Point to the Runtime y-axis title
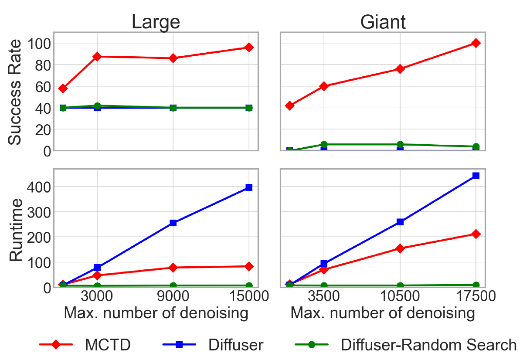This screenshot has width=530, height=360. [16, 230]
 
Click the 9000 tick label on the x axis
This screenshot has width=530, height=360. [173, 298]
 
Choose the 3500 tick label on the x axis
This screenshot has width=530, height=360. [324, 298]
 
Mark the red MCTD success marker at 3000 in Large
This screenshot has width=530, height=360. [97, 57]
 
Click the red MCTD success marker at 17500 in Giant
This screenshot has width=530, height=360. [476, 43]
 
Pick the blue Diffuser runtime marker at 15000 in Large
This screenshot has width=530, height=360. [249, 187]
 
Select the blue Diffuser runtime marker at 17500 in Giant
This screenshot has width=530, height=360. [476, 176]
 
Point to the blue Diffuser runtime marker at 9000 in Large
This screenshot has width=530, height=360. [173, 223]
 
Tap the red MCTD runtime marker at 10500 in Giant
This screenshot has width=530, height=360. [400, 248]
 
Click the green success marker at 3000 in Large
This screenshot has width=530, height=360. [97, 106]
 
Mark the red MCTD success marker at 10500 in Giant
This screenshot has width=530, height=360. [400, 69]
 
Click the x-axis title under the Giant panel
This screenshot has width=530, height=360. [382, 313]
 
